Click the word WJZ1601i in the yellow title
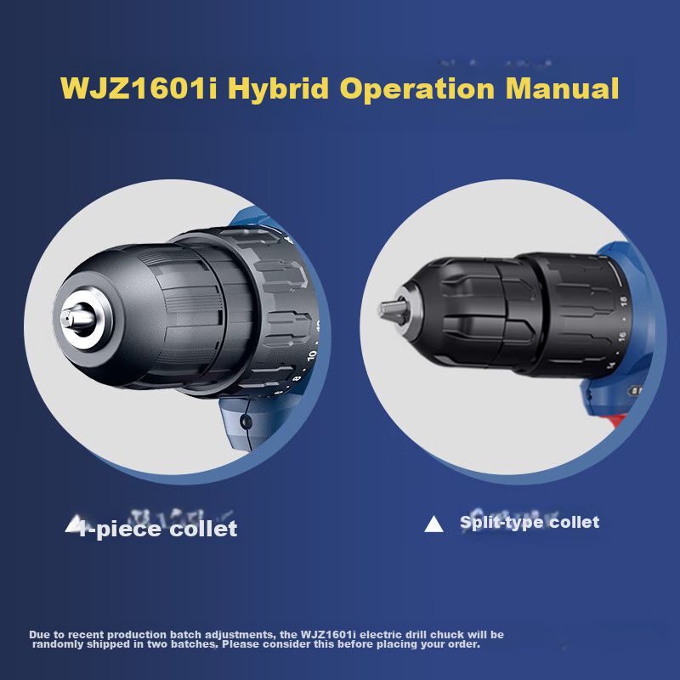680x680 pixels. [x=139, y=88]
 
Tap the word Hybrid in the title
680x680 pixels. [x=278, y=89]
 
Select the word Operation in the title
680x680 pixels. [x=417, y=89]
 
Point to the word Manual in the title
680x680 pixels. [x=562, y=88]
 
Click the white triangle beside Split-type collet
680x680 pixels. [x=433, y=524]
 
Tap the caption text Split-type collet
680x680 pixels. [x=530, y=522]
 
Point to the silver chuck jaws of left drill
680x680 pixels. [x=78, y=320]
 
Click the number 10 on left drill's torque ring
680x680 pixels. [x=311, y=355]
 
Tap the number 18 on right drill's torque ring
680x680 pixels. [x=623, y=301]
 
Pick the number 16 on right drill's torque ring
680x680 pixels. [x=622, y=336]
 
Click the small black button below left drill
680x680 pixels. [x=246, y=421]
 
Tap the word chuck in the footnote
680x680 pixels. [x=446, y=634]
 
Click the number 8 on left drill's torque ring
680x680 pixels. [x=297, y=378]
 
